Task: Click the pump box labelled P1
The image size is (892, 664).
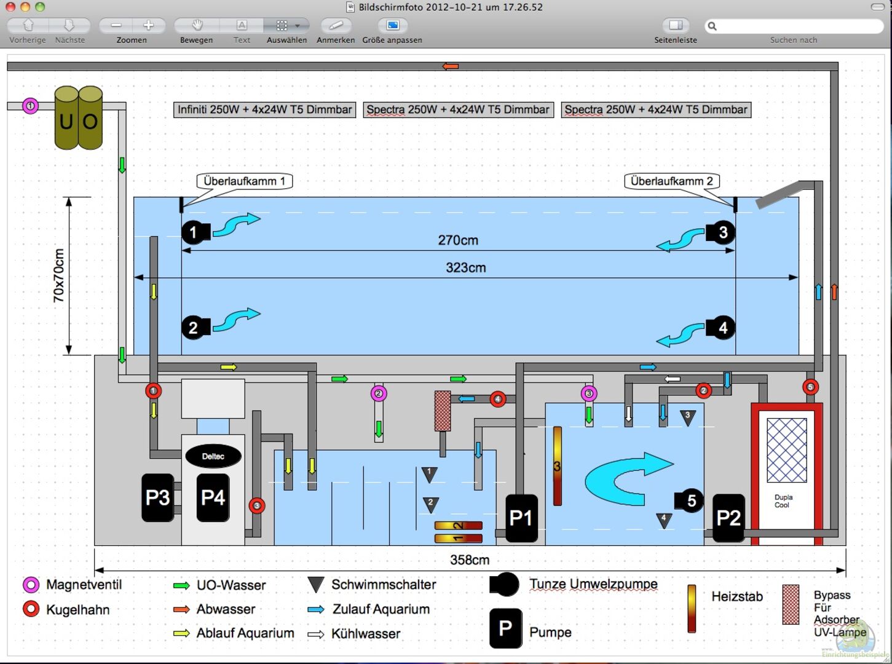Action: [x=521, y=518]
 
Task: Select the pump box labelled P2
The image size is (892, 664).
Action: [x=728, y=518]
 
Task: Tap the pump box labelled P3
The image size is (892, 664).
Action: [x=157, y=497]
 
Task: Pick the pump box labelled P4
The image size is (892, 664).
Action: [x=213, y=497]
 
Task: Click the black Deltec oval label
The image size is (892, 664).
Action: [x=213, y=456]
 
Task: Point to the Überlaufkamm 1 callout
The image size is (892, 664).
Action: [x=244, y=181]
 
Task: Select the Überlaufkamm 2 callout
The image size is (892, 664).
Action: [x=672, y=181]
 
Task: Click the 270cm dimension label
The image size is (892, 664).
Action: [x=458, y=240]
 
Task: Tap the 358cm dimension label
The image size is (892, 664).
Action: [x=470, y=560]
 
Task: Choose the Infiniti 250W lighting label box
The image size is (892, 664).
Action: [x=264, y=110]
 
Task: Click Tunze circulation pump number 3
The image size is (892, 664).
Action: [x=721, y=232]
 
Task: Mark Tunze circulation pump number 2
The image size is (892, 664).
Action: [x=194, y=328]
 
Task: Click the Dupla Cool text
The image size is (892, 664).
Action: [x=783, y=501]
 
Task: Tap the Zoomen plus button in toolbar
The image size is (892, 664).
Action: [x=148, y=25]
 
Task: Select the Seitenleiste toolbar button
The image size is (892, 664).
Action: [x=676, y=25]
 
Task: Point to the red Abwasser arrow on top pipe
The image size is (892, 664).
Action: [x=451, y=66]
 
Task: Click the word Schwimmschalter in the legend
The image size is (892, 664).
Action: [x=384, y=585]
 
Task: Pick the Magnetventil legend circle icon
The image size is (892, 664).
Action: [x=31, y=585]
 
